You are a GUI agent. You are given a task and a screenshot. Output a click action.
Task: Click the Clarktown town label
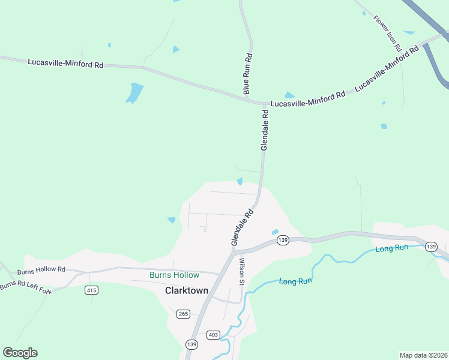187,290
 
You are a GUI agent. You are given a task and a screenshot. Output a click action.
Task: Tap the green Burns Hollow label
174,275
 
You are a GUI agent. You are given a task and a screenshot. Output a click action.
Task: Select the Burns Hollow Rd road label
45,270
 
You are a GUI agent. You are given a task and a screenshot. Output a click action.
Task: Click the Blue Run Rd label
247,74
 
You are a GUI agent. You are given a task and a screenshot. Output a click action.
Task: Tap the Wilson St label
242,271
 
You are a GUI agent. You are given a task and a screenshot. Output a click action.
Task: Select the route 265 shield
183,313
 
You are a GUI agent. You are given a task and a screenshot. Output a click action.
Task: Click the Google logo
20,353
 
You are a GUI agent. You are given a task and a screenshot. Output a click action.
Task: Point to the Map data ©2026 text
423,355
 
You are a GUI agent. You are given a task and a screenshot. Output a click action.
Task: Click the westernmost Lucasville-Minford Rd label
65,62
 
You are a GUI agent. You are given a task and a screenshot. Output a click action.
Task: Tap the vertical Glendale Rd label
265,129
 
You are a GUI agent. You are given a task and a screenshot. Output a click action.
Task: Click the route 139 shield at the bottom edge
191,344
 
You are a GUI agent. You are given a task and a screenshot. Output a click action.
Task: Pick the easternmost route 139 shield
430,247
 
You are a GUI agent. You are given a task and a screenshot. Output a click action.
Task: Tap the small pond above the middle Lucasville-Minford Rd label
289,95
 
